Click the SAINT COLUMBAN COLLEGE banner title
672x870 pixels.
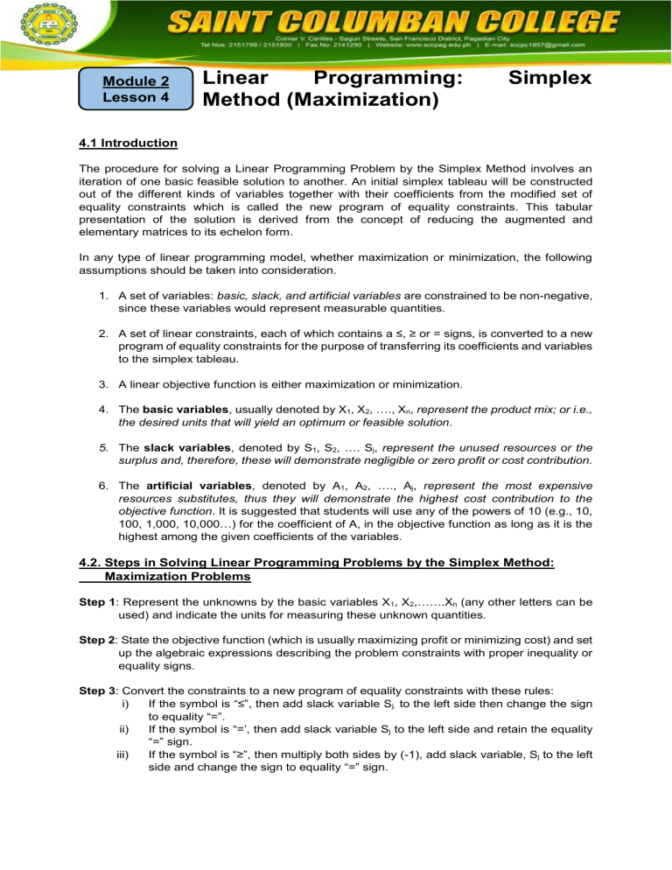(x=386, y=19)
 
